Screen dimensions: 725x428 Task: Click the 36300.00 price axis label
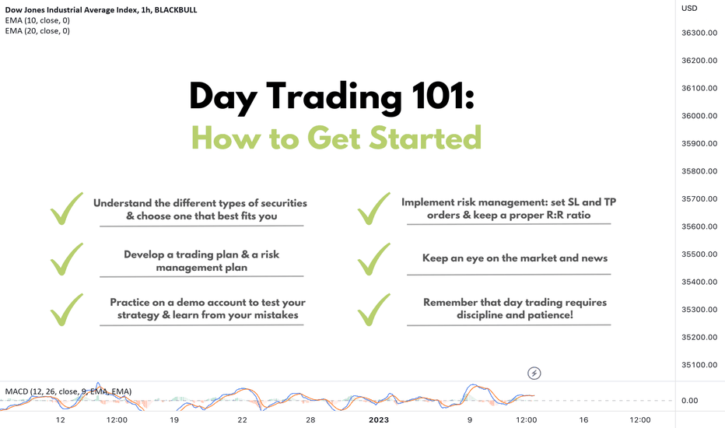[699, 33]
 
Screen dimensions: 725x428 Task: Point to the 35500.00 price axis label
[699, 254]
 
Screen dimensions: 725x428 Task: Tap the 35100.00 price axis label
[699, 365]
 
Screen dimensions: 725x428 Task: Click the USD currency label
[689, 9]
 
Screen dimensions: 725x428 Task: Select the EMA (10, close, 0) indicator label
[37, 20]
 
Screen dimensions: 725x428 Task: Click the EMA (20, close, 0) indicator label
[37, 31]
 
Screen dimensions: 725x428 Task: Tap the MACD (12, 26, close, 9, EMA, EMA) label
[68, 391]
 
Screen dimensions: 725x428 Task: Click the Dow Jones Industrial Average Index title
[72, 9]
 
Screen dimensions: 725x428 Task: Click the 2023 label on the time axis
[379, 419]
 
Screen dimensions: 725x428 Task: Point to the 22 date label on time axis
[242, 419]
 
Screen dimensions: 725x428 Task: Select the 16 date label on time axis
[583, 419]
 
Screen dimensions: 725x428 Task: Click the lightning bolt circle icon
[534, 373]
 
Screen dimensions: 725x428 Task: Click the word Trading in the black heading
[334, 96]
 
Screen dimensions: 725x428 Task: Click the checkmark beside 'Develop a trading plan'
[67, 259]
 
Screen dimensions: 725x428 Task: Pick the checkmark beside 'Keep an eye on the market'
[373, 259]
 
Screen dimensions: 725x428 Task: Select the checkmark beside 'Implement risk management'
[373, 209]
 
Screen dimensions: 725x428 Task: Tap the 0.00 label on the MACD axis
[689, 401]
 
